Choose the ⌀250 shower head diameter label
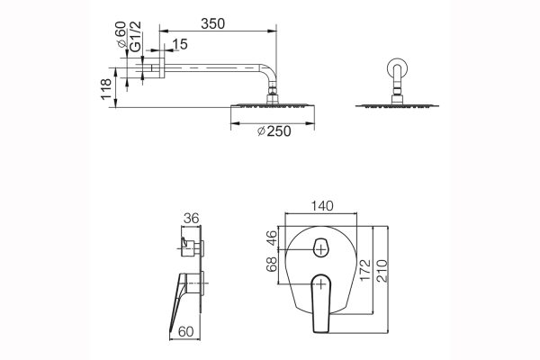pyautogui.click(x=274, y=131)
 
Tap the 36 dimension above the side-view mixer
pyautogui.click(x=189, y=217)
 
